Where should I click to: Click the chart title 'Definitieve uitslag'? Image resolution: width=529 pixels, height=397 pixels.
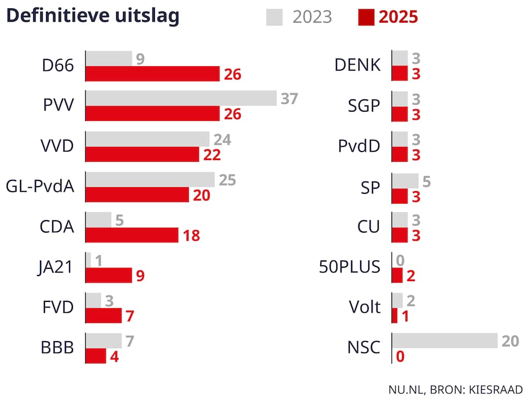(x=92, y=16)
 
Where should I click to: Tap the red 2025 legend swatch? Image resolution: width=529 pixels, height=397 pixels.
(x=366, y=17)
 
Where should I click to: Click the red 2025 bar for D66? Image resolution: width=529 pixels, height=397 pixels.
(x=152, y=74)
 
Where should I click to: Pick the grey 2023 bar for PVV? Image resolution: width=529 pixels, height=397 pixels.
(x=181, y=98)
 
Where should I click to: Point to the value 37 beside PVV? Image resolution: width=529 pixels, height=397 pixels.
(x=289, y=98)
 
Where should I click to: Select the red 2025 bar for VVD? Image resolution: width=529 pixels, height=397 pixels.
(x=142, y=155)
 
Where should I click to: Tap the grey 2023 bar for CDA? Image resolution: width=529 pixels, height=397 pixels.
(x=98, y=220)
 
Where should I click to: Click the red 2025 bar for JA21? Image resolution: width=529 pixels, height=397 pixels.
(x=108, y=276)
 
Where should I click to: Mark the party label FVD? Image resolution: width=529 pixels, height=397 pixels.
(x=57, y=308)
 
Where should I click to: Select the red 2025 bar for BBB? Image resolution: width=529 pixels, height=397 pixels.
(x=96, y=356)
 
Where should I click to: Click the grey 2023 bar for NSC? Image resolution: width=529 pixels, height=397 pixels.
(x=445, y=341)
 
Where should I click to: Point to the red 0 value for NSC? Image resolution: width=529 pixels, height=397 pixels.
(x=400, y=357)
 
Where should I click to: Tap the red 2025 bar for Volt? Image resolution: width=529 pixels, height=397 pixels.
(x=395, y=316)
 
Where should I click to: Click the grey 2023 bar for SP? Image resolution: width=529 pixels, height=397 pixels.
(x=406, y=180)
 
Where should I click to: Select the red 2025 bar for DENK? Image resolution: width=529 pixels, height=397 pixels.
(x=400, y=74)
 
